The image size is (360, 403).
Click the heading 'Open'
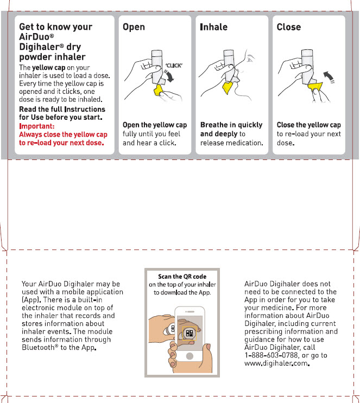(134, 27)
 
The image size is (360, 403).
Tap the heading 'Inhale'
(214, 27)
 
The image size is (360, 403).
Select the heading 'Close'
(288, 27)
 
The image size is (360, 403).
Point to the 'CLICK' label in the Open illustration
(173, 66)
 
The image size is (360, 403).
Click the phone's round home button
(190, 356)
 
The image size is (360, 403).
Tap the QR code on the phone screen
(189, 333)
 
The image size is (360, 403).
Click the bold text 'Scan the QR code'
(182, 277)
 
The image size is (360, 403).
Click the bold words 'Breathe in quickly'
(231, 125)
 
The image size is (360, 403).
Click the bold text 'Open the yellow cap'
(155, 125)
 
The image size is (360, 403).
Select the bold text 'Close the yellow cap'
(308, 125)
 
